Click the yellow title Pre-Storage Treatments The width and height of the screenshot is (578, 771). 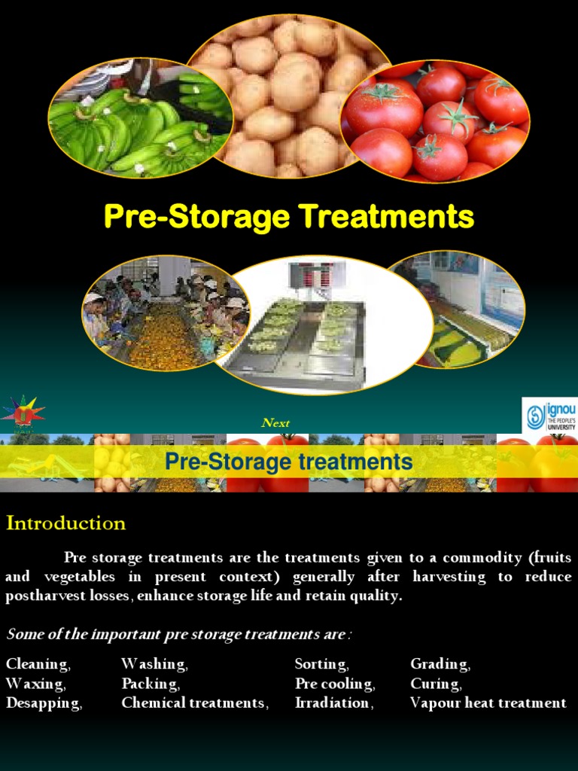(x=289, y=218)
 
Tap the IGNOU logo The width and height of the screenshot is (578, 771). (x=549, y=416)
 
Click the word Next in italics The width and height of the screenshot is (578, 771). (x=275, y=422)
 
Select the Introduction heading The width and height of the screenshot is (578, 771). (x=66, y=523)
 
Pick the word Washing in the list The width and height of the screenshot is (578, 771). (x=154, y=664)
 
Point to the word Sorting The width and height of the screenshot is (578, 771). (x=321, y=664)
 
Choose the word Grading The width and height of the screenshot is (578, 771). (x=440, y=664)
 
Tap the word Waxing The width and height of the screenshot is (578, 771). (x=35, y=684)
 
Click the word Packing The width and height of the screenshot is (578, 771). (x=151, y=684)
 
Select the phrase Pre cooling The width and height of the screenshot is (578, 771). (x=335, y=684)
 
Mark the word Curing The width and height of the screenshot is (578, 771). (x=436, y=684)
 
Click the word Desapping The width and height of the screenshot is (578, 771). (x=44, y=703)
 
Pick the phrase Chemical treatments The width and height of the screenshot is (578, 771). (x=195, y=703)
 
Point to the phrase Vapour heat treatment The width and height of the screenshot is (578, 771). (x=488, y=703)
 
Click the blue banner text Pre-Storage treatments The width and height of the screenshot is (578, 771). (x=289, y=461)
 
